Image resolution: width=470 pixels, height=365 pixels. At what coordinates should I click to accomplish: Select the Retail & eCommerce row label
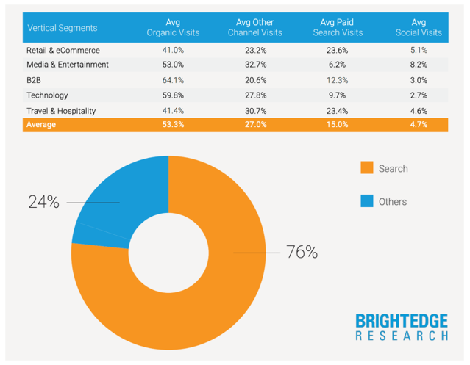click(x=63, y=51)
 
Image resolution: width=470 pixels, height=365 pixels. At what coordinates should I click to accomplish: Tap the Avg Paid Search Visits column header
click(x=338, y=28)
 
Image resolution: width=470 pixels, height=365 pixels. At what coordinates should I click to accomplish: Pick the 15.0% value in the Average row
click(x=338, y=125)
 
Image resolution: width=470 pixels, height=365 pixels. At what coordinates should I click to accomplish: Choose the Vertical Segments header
click(x=62, y=28)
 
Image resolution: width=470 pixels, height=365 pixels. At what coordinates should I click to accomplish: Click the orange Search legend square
click(x=366, y=168)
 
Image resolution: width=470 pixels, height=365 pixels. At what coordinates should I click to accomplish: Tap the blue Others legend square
click(x=366, y=201)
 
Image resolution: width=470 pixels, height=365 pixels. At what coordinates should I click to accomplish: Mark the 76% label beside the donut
click(x=302, y=253)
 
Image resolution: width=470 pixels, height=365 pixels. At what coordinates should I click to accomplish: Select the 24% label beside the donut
click(x=43, y=202)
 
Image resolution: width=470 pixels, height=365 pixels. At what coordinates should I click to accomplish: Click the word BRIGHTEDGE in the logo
click(x=401, y=320)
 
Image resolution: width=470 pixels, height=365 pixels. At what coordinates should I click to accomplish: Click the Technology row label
click(x=47, y=95)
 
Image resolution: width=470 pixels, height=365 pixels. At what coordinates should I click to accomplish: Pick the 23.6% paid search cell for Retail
click(x=338, y=51)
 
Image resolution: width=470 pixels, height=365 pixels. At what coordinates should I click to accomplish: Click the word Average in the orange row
click(x=41, y=125)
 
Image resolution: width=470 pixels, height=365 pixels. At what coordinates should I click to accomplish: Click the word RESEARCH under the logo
click(x=401, y=336)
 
